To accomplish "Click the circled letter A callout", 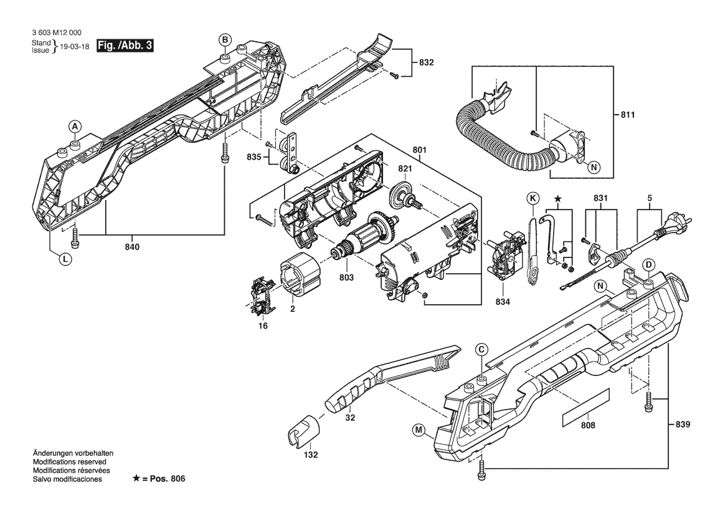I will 74,127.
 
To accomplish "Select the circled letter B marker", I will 225,40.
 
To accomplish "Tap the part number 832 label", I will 427,62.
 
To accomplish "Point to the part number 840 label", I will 132,247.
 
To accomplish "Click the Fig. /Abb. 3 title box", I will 125,46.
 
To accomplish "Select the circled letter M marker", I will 418,429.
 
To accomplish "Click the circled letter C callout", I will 481,350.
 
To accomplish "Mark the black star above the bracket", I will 558,199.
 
